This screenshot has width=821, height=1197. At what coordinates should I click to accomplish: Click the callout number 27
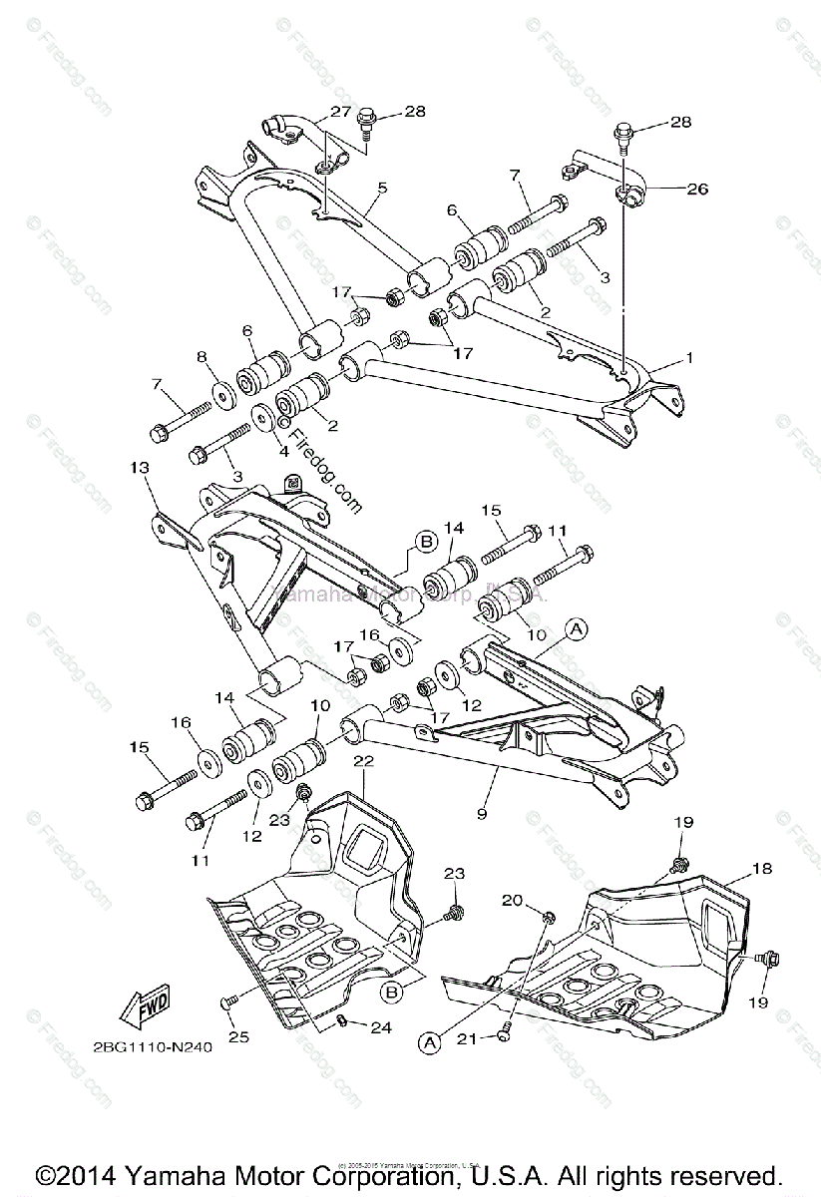pos(342,112)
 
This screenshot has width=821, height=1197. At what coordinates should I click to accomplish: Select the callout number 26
pos(698,188)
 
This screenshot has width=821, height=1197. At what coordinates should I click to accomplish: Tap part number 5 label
pos(382,187)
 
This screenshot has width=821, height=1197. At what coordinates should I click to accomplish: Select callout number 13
pos(139,468)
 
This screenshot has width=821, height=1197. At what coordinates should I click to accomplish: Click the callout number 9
pos(482,814)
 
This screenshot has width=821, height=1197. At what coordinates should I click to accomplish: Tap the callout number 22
pos(363,761)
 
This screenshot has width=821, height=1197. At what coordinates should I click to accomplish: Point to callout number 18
pos(762,869)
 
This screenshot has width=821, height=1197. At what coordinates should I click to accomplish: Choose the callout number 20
pos(512,900)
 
